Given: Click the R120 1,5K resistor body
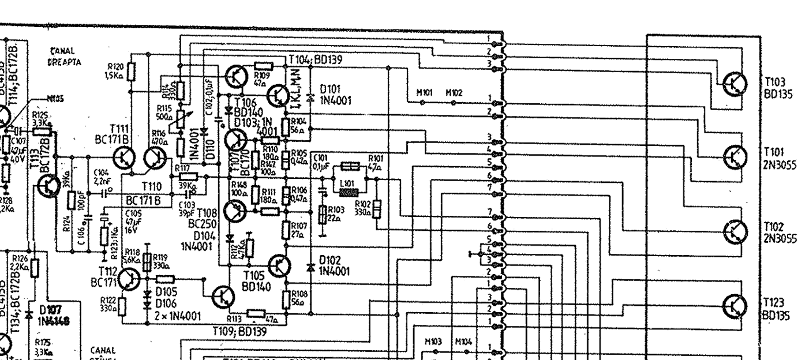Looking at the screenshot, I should coord(132,72).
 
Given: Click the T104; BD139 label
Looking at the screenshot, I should coord(311,59).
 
